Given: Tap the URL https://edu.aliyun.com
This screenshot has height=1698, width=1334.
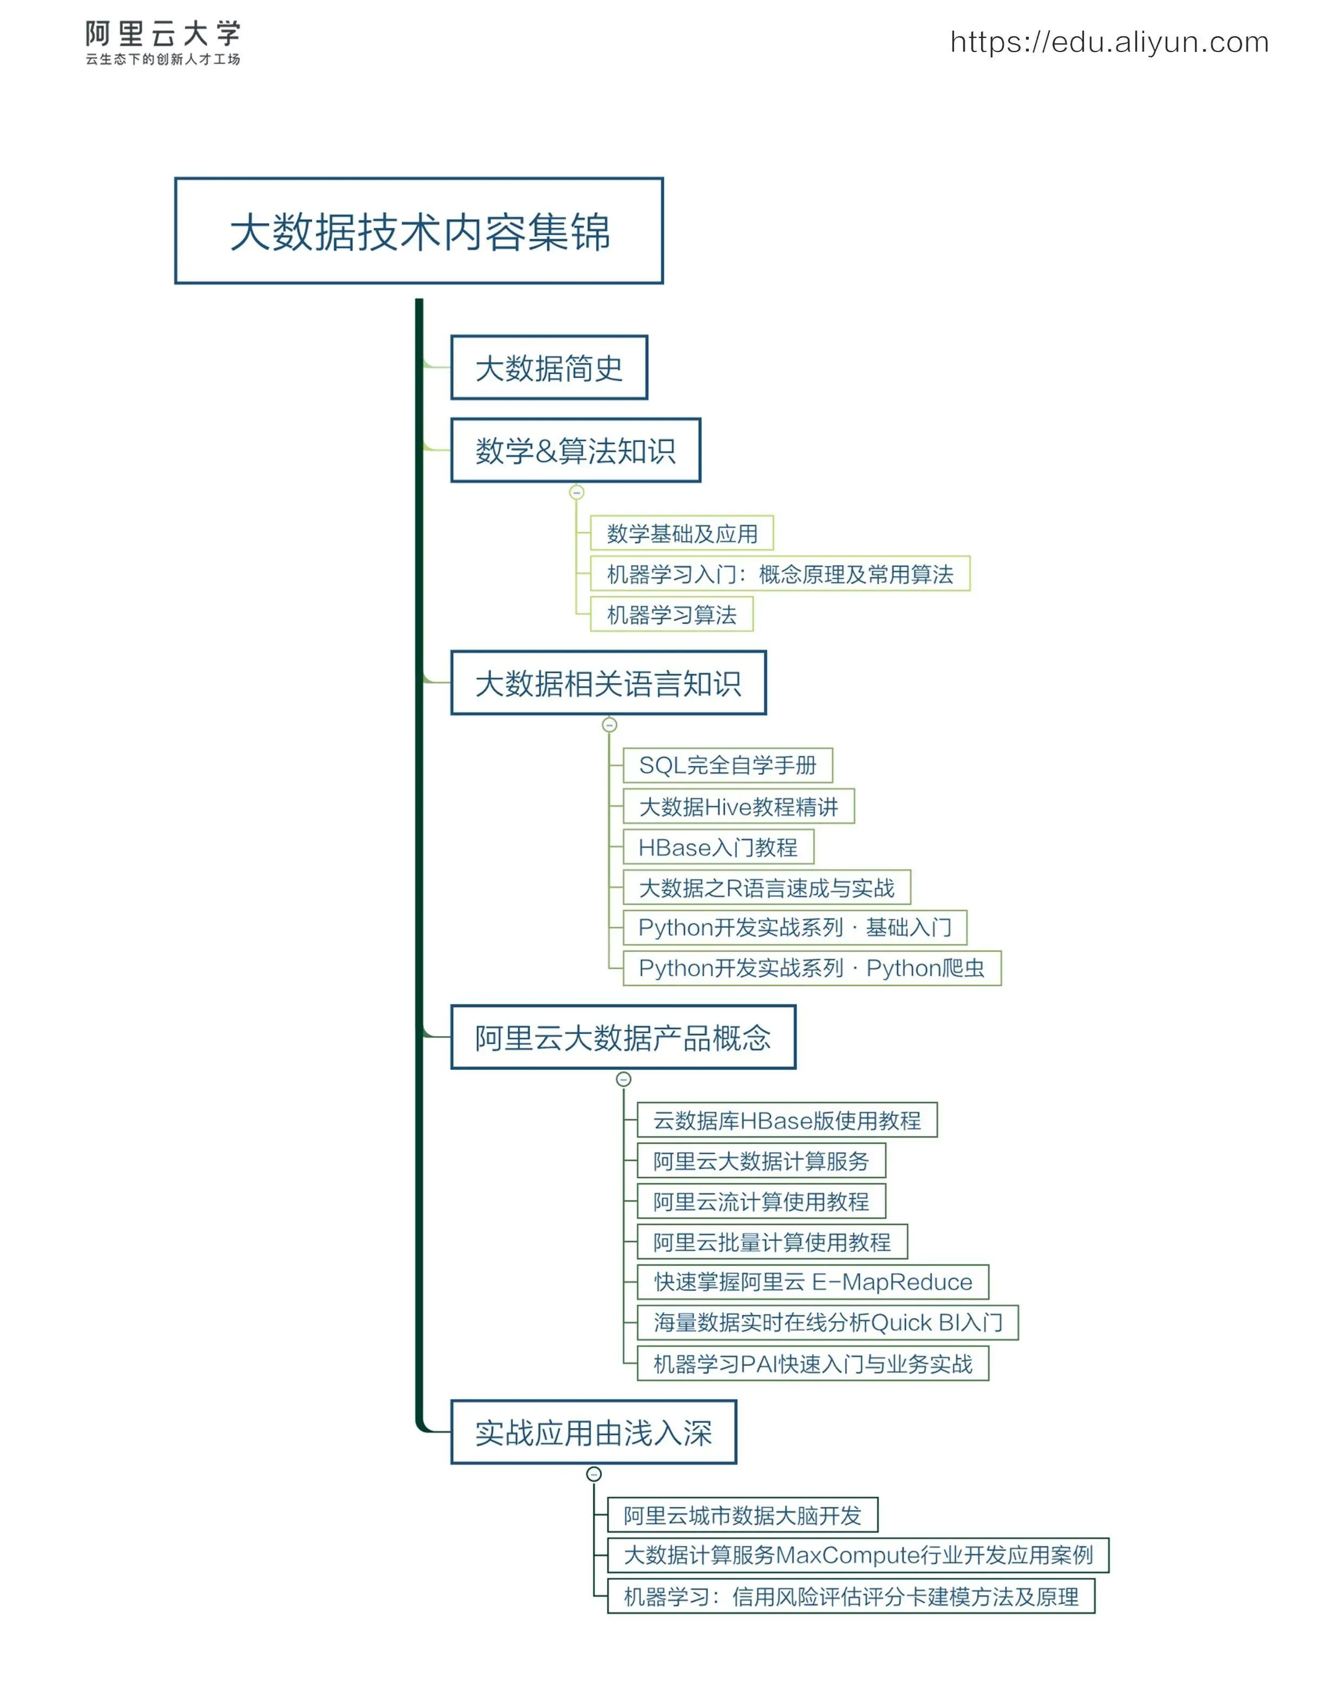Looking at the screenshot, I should coord(1109,42).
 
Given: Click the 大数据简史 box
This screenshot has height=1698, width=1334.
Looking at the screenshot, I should coord(548,368).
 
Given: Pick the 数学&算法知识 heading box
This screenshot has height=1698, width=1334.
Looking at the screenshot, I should coord(575,450).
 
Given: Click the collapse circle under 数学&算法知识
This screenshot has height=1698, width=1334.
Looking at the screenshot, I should coord(577,492).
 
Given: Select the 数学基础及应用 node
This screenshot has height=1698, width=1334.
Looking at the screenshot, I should coord(681,533).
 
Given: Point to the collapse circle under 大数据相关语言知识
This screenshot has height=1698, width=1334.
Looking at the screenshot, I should coord(609,725).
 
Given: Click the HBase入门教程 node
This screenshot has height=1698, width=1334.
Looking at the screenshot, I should coord(718,847).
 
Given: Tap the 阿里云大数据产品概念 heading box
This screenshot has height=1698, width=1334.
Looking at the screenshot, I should coord(623,1038).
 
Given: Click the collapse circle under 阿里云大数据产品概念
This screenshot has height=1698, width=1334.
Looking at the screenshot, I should coord(623,1080).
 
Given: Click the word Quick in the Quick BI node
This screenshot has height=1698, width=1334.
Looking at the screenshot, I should coord(901,1323).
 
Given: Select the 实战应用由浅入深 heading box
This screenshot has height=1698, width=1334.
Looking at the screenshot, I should coord(593,1433).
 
